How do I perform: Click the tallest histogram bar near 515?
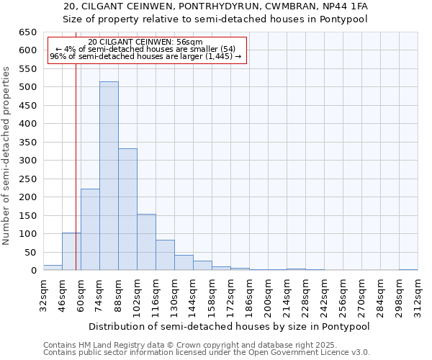[x=109, y=176]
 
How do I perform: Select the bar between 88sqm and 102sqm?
[x=127, y=210]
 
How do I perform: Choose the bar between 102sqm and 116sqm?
[x=146, y=242]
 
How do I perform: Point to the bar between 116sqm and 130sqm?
[x=165, y=256]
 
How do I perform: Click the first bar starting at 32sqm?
[x=53, y=268]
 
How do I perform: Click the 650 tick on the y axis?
[x=27, y=32]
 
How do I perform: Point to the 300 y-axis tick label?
[x=27, y=161]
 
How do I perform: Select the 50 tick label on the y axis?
[x=30, y=252]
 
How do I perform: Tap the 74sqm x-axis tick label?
[x=99, y=294]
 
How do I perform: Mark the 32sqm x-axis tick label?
[x=43, y=294]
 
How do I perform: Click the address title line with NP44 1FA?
[x=215, y=6]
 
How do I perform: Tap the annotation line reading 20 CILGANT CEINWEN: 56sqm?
[x=145, y=42]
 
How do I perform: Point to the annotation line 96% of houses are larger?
[x=145, y=56]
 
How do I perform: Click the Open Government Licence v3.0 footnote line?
[x=207, y=353]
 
